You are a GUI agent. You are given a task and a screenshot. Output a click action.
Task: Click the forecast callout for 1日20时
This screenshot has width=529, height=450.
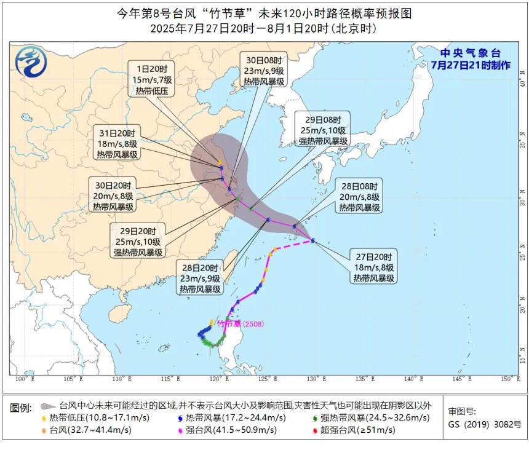tap(151, 79)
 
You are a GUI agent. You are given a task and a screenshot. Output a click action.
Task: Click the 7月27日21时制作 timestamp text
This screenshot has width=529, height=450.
tap(470, 65)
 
